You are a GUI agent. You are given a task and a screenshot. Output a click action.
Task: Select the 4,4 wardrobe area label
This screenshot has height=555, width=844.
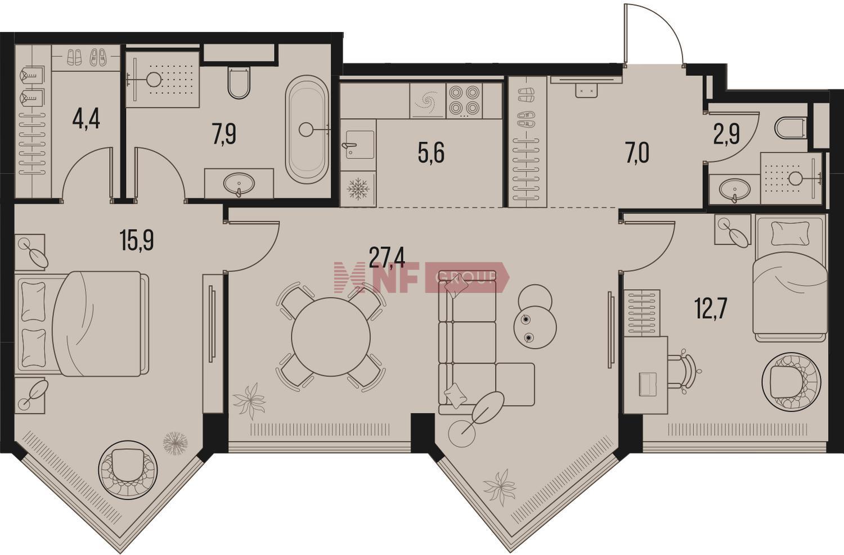pos(86,120)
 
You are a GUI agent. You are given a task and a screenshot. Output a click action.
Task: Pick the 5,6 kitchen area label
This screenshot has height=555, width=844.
pos(431,154)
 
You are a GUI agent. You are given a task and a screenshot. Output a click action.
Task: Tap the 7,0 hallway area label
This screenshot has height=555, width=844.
pos(637,154)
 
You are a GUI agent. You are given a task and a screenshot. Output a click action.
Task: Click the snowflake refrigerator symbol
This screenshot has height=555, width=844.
pos(358,188)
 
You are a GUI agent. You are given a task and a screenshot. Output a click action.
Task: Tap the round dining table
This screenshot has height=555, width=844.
pos(330,337)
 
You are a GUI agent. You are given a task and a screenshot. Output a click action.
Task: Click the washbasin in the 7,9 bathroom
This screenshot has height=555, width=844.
pos(239,184)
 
